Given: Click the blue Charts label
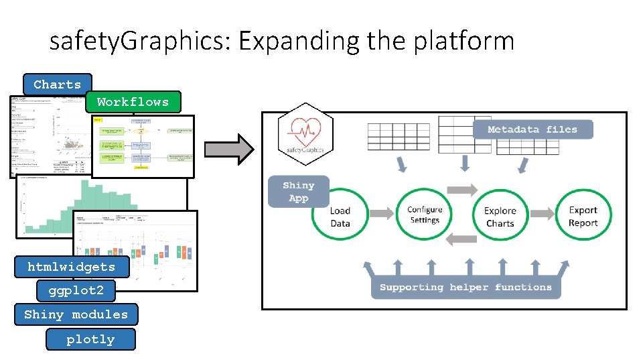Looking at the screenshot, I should click(x=57, y=84).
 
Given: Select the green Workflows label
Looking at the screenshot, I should click(x=133, y=102).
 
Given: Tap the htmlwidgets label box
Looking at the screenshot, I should click(x=71, y=267).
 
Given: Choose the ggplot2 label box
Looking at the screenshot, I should click(x=76, y=291).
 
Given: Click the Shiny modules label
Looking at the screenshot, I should click(x=76, y=314).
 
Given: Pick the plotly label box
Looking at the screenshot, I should click(x=90, y=339).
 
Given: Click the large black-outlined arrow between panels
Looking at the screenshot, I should click(x=228, y=148).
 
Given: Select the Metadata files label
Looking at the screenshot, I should click(x=532, y=129).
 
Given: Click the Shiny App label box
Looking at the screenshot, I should click(x=298, y=191).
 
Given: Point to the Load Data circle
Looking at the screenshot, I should click(x=340, y=216).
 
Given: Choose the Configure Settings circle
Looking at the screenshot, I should click(x=425, y=215).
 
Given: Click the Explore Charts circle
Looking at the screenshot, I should click(x=500, y=216).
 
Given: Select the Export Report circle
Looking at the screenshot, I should click(x=583, y=216).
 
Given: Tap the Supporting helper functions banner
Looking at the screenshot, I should click(x=466, y=288).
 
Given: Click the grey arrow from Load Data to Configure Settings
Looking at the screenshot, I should click(x=382, y=213).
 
